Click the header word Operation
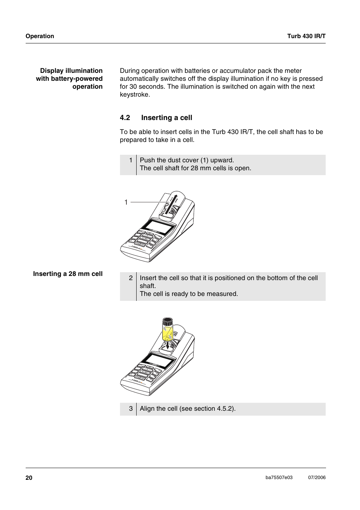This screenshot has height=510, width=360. click(40, 36)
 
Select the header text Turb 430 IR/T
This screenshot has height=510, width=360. click(306, 36)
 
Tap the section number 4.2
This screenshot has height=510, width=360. click(125, 118)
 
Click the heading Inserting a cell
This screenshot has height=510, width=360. click(166, 118)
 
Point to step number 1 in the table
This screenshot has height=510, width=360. click(131, 160)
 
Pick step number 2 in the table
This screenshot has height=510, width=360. click(131, 278)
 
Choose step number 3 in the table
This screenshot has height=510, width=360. click(131, 408)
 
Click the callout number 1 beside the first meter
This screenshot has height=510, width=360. click(126, 202)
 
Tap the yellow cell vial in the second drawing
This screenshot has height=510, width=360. click(167, 333)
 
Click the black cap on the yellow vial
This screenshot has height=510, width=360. click(167, 322)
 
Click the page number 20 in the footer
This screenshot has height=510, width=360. click(29, 478)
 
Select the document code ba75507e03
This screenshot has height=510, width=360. click(279, 478)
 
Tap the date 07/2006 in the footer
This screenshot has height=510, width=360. click(317, 478)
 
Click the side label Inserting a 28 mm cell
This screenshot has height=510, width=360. click(68, 274)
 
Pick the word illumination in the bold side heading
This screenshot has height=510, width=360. click(84, 71)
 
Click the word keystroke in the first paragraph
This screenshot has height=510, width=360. click(135, 95)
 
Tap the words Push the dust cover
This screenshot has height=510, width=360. click(169, 160)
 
